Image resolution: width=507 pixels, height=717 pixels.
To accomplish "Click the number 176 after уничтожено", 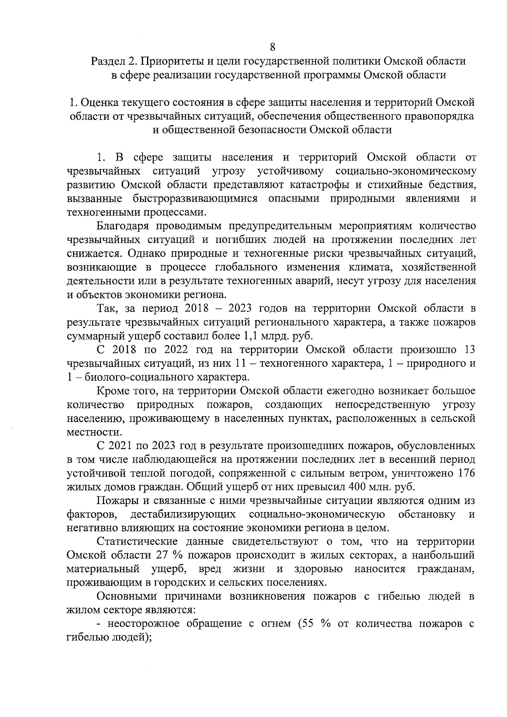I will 466,473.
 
